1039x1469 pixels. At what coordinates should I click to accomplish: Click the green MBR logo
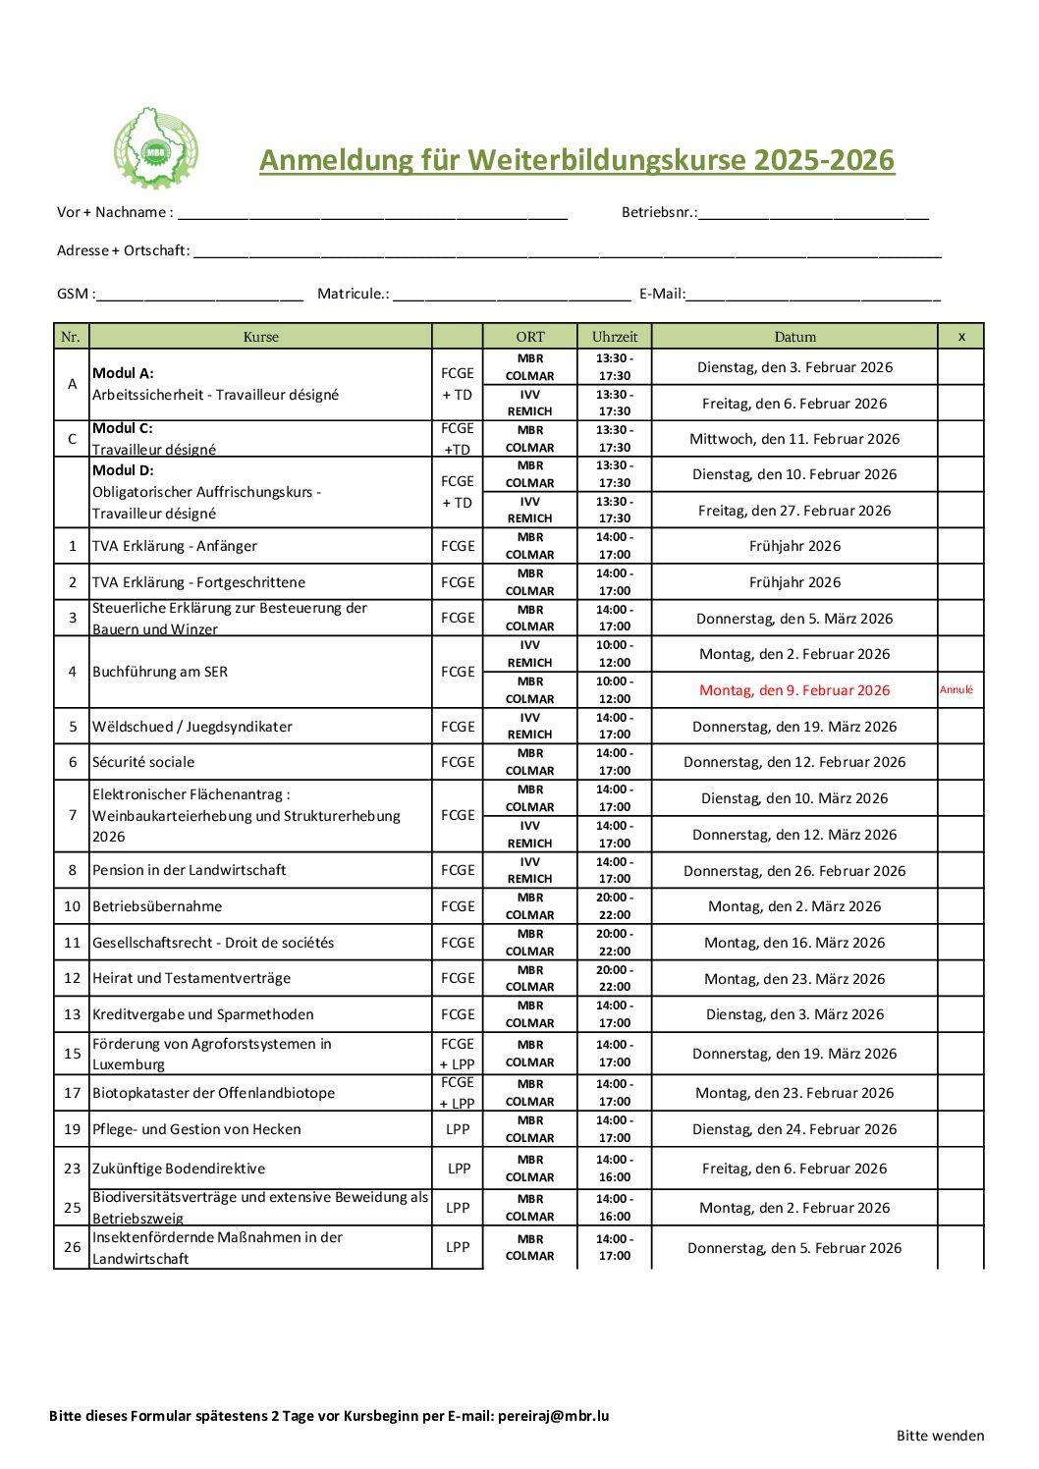point(155,148)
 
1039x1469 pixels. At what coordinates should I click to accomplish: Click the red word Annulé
point(956,689)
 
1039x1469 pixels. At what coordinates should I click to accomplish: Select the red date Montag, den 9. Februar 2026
point(794,690)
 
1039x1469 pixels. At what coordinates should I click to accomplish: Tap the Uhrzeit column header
point(615,337)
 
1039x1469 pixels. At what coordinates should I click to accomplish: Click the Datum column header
point(794,337)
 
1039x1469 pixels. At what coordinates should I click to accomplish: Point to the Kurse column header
point(260,337)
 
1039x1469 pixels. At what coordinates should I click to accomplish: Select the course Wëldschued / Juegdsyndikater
point(192,727)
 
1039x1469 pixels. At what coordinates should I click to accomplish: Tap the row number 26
point(72,1247)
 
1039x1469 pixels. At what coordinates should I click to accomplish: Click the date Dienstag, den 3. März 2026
point(794,1014)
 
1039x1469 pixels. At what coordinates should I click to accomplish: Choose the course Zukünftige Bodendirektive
point(179,1169)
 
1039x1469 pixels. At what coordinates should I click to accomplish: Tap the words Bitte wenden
point(940,1436)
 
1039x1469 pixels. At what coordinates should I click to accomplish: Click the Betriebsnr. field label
point(659,212)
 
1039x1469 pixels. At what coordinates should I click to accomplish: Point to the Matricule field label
point(353,294)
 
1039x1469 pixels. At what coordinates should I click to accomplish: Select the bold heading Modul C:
point(123,428)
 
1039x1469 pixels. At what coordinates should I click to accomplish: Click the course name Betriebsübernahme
point(157,906)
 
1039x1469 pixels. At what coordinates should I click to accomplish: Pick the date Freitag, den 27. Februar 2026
point(794,511)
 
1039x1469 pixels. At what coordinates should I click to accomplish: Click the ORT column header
point(529,337)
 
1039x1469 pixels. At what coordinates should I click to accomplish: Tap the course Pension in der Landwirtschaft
point(190,870)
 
